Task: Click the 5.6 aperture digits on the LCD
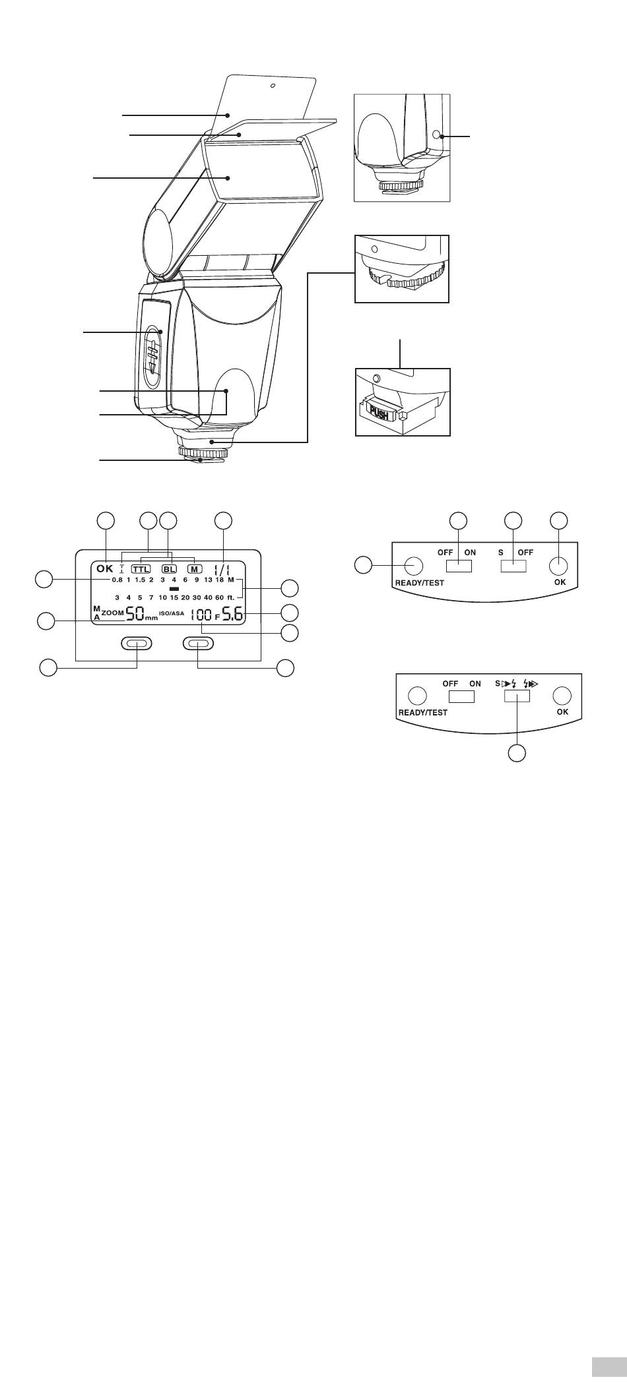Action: point(232,616)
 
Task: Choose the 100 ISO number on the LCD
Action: point(201,617)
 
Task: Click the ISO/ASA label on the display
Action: point(172,613)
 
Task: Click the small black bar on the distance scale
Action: point(174,588)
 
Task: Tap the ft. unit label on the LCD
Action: point(231,597)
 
